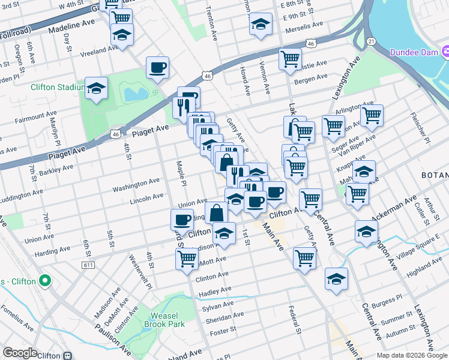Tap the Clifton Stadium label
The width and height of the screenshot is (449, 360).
58,88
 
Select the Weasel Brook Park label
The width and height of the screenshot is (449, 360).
164,320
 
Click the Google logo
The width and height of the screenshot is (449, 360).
20,353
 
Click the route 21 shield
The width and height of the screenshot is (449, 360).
372,41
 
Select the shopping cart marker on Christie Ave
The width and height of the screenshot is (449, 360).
290,59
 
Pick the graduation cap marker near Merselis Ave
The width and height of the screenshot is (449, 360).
260,24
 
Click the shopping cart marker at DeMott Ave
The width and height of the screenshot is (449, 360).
187,259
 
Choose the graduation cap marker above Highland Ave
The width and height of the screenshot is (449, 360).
336,278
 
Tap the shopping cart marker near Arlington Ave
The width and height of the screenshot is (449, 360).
372,115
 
